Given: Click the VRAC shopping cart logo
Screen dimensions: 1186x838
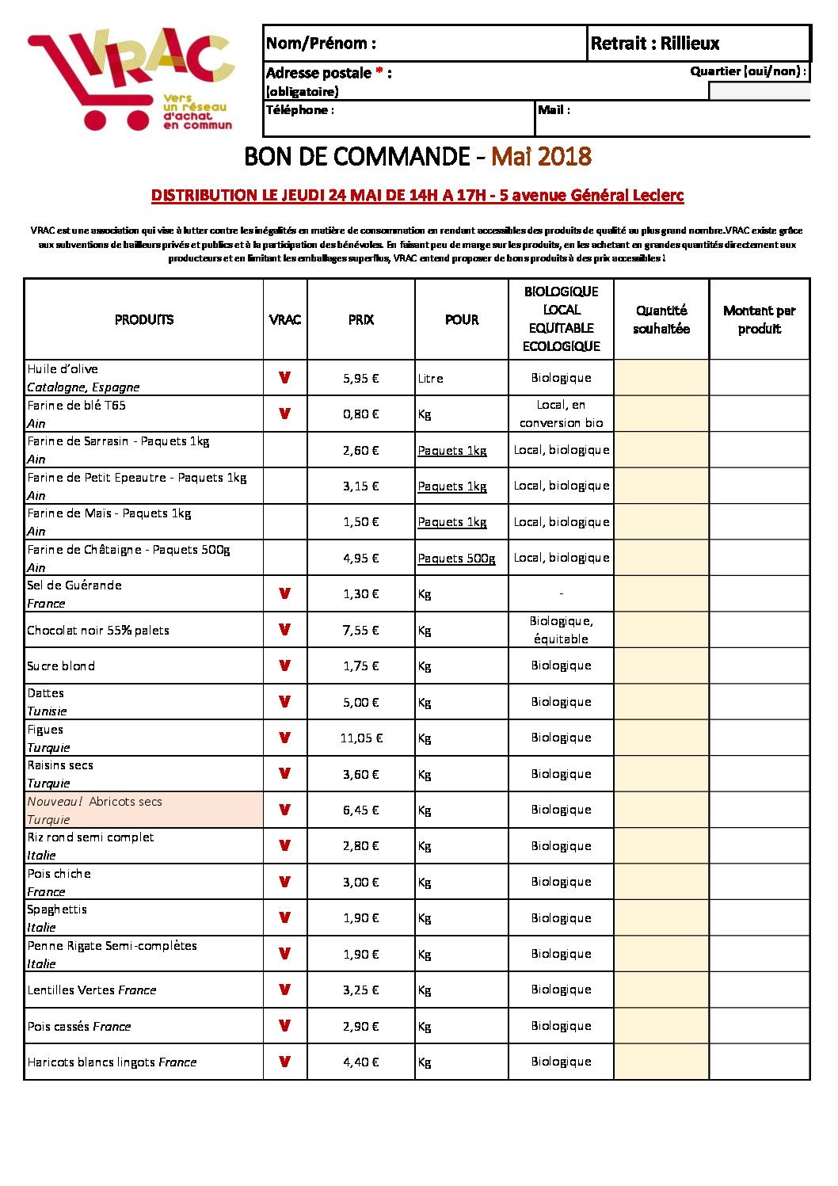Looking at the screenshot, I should tap(131, 78).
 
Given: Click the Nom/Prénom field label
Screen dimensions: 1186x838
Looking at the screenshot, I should tap(321, 44).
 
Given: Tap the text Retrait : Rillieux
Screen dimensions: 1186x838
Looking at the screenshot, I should tap(655, 44).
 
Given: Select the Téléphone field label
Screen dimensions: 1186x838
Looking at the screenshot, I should tap(299, 110).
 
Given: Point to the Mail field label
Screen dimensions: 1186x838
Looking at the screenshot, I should tap(554, 110).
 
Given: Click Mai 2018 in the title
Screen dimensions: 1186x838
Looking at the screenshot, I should tap(541, 156).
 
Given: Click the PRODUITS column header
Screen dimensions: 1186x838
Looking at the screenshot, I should tap(144, 319).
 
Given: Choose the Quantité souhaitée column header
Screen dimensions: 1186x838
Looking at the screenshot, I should tap(661, 319).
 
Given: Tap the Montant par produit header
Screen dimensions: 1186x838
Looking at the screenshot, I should tap(759, 319).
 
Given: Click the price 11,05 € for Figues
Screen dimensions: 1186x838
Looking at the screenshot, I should tap(361, 738).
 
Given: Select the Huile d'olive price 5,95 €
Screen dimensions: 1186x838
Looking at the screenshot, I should tap(361, 378).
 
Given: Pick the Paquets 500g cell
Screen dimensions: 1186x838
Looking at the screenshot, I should tap(456, 558).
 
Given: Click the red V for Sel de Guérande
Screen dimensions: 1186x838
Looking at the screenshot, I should tap(284, 593).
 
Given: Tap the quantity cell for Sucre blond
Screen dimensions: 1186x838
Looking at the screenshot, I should tap(661, 665).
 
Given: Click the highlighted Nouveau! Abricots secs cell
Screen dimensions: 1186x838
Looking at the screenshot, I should tap(143, 810).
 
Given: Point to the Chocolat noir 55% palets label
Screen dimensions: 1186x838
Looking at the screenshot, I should tap(98, 630).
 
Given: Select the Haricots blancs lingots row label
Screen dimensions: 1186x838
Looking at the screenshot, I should tap(112, 1062).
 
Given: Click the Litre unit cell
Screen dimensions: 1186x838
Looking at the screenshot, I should tap(431, 378).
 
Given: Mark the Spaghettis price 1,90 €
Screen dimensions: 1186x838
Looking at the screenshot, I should tap(361, 917).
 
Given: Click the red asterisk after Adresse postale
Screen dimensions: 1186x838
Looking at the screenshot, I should tap(379, 72).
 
